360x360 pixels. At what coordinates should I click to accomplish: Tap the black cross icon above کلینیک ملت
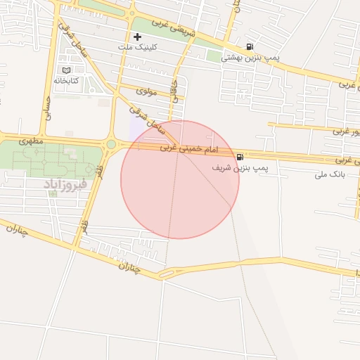tap(137, 37)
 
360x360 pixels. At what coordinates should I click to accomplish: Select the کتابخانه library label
tap(66, 81)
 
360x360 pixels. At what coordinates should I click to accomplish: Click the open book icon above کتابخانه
tap(67, 70)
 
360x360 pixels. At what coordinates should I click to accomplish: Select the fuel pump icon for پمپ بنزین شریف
tap(242, 156)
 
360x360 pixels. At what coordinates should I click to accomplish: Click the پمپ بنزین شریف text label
tap(241, 169)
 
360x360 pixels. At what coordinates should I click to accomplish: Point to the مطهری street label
tap(31, 141)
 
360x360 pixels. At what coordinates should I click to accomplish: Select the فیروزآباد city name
tap(65, 184)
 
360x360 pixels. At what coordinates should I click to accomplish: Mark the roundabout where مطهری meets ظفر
tap(111, 145)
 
